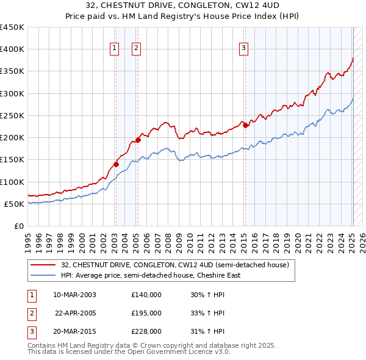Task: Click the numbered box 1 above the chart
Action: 115,49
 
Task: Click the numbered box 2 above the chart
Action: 135,49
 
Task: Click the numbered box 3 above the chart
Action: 243,49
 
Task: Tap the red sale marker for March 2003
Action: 116,164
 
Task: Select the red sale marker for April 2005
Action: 138,140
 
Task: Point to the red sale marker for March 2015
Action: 245,125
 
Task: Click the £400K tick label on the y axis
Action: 12,49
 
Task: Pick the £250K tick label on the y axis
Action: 12,115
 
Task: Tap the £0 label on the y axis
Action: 19,226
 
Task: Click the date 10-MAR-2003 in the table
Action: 75,295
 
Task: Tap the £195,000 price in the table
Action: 146,313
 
